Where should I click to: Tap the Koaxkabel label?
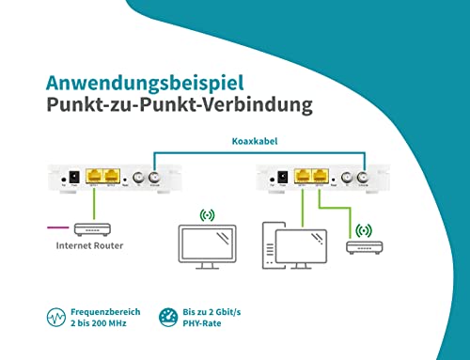click(254, 144)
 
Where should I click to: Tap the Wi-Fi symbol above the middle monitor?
click(207, 214)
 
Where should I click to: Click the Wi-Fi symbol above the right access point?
click(363, 228)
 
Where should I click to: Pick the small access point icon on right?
click(363, 248)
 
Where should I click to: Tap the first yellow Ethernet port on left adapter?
click(93, 176)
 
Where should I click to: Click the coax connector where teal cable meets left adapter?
click(154, 177)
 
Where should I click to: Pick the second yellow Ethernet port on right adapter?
click(321, 176)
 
